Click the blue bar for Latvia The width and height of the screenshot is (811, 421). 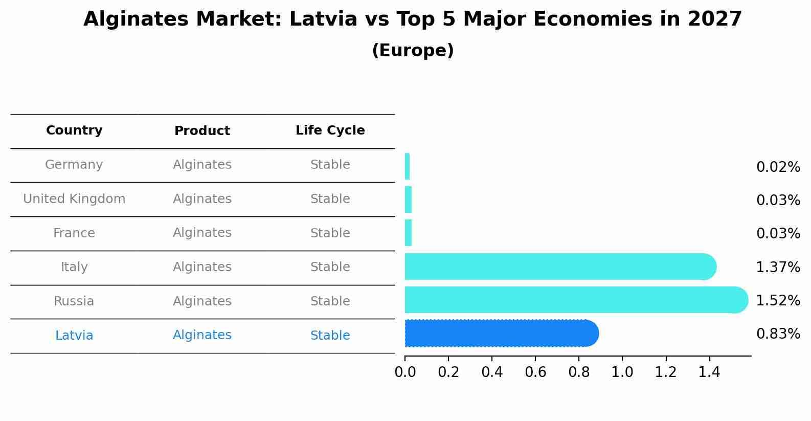pyautogui.click(x=501, y=334)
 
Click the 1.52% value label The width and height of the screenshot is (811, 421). pyautogui.click(x=778, y=301)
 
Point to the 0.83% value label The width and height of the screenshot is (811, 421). pyautogui.click(x=778, y=334)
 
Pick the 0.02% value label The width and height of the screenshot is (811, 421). pyautogui.click(x=778, y=167)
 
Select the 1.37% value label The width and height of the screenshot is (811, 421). pyautogui.click(x=778, y=268)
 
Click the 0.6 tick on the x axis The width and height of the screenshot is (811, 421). pyautogui.click(x=535, y=372)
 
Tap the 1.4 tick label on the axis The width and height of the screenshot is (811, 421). pyautogui.click(x=709, y=372)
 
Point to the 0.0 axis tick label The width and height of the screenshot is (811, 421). pyautogui.click(x=405, y=372)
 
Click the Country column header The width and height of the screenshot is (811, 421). pyautogui.click(x=74, y=130)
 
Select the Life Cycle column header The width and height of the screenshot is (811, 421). pyautogui.click(x=330, y=130)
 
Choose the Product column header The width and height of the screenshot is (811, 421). pyautogui.click(x=202, y=131)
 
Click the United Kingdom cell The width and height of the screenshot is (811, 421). pyautogui.click(x=74, y=199)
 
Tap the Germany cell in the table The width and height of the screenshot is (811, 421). pyautogui.click(x=74, y=165)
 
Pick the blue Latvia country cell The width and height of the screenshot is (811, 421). pyautogui.click(x=74, y=336)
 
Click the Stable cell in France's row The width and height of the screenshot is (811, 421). pyautogui.click(x=330, y=233)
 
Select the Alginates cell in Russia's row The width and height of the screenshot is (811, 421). pyautogui.click(x=202, y=301)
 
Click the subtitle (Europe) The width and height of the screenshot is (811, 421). pyautogui.click(x=413, y=51)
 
